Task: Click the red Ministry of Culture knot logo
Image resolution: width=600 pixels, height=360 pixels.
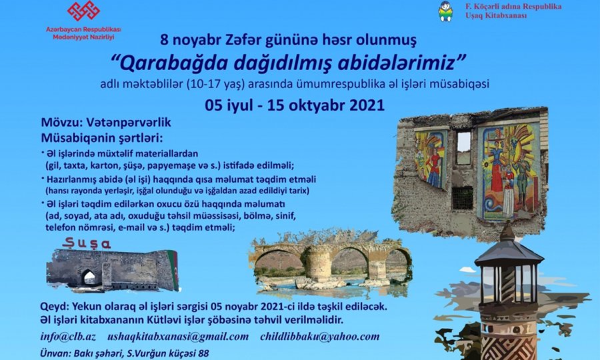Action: (x=83, y=11)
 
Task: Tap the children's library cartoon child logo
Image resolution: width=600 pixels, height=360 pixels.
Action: (x=445, y=11)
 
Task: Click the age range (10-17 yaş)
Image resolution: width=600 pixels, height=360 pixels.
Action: (x=215, y=84)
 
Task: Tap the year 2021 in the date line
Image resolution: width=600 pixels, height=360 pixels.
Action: (x=367, y=105)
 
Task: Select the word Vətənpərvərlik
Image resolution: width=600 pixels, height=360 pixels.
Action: (x=129, y=123)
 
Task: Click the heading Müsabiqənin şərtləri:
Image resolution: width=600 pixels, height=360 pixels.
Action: (x=102, y=137)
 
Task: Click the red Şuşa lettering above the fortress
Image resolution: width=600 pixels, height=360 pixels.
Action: (x=87, y=243)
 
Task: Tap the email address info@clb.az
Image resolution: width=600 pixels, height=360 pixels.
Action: (x=68, y=337)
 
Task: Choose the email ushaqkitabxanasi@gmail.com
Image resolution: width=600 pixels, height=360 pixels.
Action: (x=178, y=337)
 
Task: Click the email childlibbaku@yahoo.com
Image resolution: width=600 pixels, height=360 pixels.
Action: (x=320, y=337)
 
